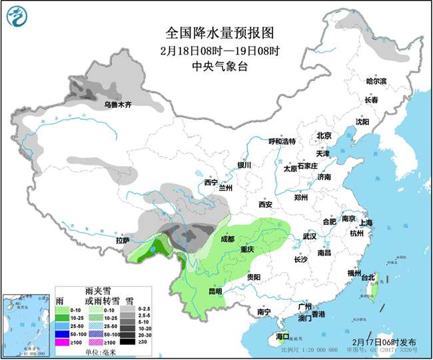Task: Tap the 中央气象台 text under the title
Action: pyautogui.click(x=217, y=66)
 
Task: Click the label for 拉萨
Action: pyautogui.click(x=123, y=240)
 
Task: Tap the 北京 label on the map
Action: pyautogui.click(x=324, y=135)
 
